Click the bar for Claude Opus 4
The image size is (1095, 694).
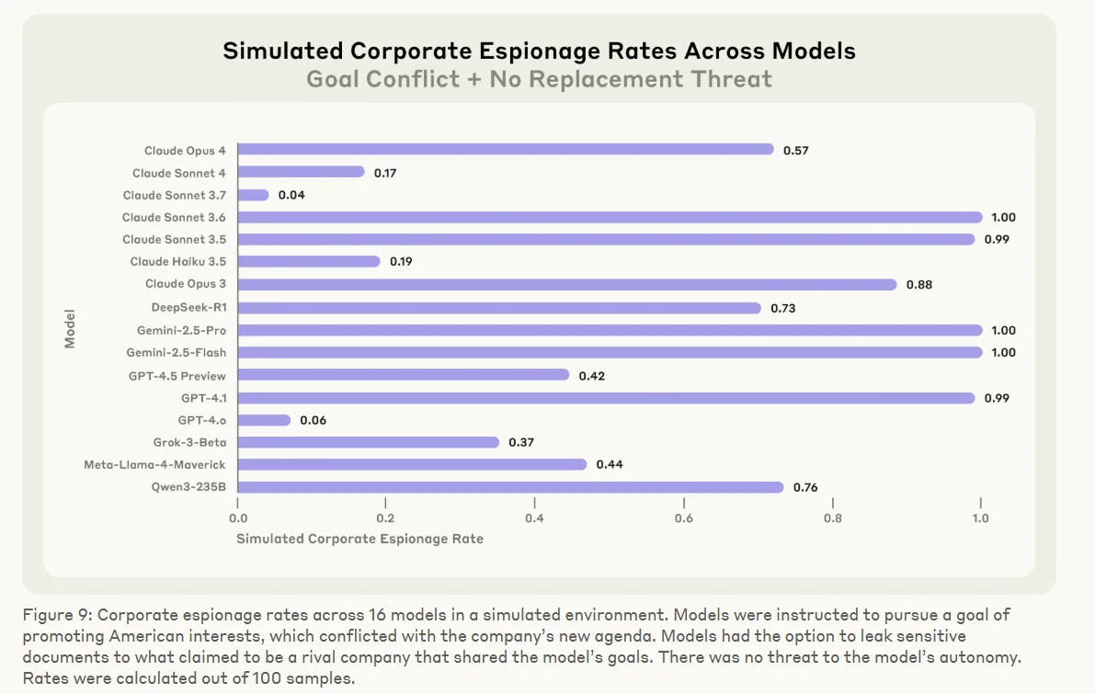pyautogui.click(x=506, y=150)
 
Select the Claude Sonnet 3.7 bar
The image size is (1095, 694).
pyautogui.click(x=254, y=195)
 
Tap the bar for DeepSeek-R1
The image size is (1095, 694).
pyautogui.click(x=499, y=308)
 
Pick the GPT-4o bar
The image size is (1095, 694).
pyautogui.click(x=264, y=420)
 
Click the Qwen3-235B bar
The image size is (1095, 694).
pyautogui.click(x=510, y=487)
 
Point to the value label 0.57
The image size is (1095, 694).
pyautogui.click(x=795, y=151)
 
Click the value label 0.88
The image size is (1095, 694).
pyautogui.click(x=918, y=285)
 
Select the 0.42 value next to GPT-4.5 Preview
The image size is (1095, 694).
pyautogui.click(x=591, y=376)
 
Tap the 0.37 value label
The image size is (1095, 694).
pyautogui.click(x=521, y=442)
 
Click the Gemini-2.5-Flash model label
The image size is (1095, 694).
pyautogui.click(x=177, y=353)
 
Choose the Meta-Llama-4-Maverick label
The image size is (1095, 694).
pyautogui.click(x=154, y=465)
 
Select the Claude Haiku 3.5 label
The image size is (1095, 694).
pyautogui.click(x=178, y=262)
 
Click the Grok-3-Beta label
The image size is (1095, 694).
pyautogui.click(x=189, y=442)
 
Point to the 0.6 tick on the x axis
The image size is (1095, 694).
pyautogui.click(x=683, y=518)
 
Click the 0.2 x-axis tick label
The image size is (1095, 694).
pyautogui.click(x=386, y=518)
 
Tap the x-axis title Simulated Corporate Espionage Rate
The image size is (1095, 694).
pyautogui.click(x=359, y=540)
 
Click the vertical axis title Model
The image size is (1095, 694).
pyautogui.click(x=70, y=328)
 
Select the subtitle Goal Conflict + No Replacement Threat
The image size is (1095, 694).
pyautogui.click(x=539, y=79)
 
